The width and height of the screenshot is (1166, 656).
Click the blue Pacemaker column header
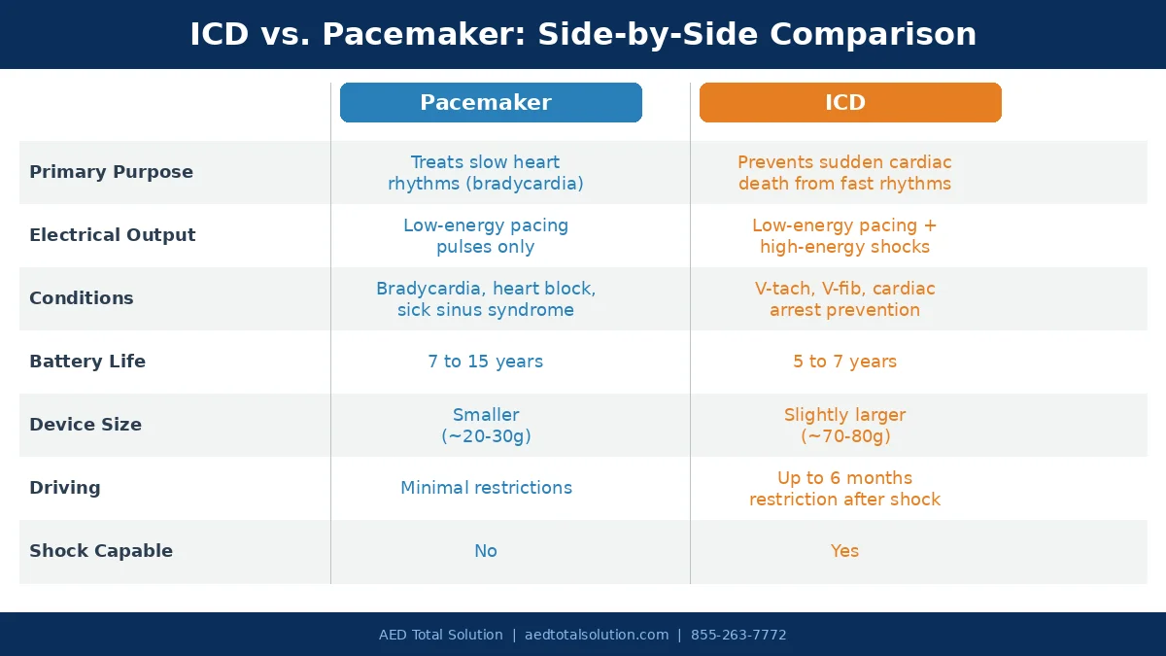(x=491, y=103)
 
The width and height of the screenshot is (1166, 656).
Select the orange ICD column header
(x=850, y=103)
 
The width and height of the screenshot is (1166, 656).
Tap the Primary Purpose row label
(x=111, y=172)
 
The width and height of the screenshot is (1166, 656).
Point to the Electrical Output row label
(x=112, y=235)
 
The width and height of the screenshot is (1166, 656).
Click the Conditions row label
(x=81, y=298)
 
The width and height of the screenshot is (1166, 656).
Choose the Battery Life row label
(x=86, y=362)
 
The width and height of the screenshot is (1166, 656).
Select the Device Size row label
(x=85, y=425)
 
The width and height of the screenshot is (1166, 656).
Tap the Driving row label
(x=64, y=488)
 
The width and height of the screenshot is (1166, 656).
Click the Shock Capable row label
(x=100, y=551)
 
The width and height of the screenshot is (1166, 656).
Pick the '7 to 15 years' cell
(x=485, y=362)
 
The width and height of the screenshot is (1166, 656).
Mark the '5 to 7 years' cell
(x=844, y=362)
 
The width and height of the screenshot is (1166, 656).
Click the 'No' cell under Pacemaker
(x=485, y=551)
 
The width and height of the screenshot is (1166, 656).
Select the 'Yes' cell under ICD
(x=844, y=551)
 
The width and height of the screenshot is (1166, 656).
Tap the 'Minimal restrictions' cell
(x=486, y=488)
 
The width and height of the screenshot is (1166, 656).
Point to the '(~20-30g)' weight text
(x=486, y=436)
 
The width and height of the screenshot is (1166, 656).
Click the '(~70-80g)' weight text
(x=845, y=436)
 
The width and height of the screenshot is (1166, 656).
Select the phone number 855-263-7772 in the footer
(x=738, y=636)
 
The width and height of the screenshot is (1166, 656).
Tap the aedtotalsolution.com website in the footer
(x=597, y=636)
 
